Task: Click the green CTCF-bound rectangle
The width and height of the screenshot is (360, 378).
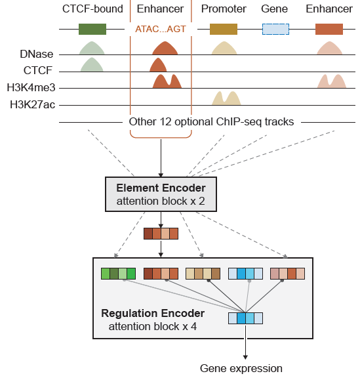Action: pyautogui.click(x=92, y=30)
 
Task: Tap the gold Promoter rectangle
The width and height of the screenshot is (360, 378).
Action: pyautogui.click(x=224, y=30)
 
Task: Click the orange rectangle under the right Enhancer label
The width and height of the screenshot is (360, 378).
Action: pyautogui.click(x=329, y=30)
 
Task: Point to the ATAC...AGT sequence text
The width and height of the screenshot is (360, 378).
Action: pyautogui.click(x=161, y=30)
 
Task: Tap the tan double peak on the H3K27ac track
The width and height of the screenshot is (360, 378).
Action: pyautogui.click(x=225, y=98)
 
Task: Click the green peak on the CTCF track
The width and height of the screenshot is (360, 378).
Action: pyautogui.click(x=92, y=65)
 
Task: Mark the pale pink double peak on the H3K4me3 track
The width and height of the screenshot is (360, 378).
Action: pyautogui.click(x=331, y=81)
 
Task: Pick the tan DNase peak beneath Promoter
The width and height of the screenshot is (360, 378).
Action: pyautogui.click(x=225, y=49)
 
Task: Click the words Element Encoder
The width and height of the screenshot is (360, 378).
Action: pyautogui.click(x=161, y=188)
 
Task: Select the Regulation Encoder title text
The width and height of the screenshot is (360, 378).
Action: pyautogui.click(x=152, y=313)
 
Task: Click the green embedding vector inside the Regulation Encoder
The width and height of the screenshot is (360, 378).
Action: pyautogui.click(x=117, y=274)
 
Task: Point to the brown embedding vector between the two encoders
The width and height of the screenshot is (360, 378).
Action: pyautogui.click(x=161, y=233)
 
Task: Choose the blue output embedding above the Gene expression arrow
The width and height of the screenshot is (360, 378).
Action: pyautogui.click(x=245, y=318)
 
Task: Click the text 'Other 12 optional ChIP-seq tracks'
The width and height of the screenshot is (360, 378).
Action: pyautogui.click(x=211, y=121)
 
